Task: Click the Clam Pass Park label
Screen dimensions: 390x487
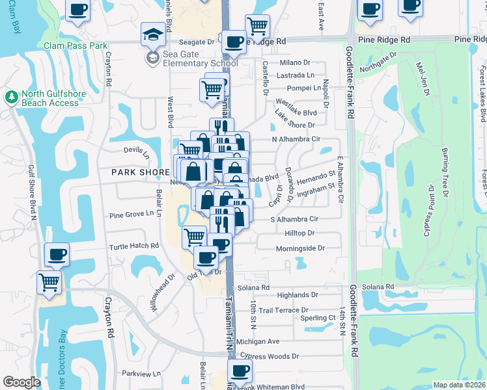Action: click(x=75, y=45)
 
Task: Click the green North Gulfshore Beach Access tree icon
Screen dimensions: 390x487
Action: click(x=11, y=97)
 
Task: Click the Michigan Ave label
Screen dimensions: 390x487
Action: click(x=258, y=341)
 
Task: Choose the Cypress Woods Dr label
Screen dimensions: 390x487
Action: click(x=269, y=356)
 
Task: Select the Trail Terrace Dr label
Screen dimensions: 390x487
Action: click(x=283, y=311)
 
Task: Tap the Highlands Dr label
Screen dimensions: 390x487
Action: click(x=297, y=294)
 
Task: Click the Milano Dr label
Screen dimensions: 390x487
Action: click(x=296, y=62)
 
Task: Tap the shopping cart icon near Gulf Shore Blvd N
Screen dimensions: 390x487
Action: click(x=49, y=283)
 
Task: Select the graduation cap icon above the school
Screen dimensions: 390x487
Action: click(x=153, y=34)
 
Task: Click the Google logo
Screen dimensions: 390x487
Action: click(x=21, y=382)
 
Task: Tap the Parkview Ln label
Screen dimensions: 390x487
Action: click(x=141, y=374)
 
